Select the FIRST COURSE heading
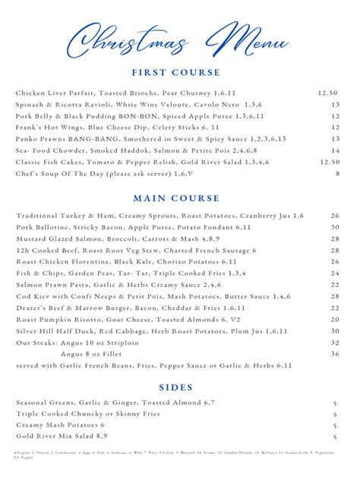tap(179, 73)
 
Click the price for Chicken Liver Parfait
tap(329, 93)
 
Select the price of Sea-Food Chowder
tap(335, 150)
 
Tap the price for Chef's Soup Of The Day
tap(337, 173)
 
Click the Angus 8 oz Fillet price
tap(335, 354)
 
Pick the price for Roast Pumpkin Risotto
tap(335, 320)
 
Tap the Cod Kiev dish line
tap(152, 296)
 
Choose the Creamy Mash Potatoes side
tap(61, 425)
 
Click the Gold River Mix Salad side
tap(61, 437)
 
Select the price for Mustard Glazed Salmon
tap(335, 239)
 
